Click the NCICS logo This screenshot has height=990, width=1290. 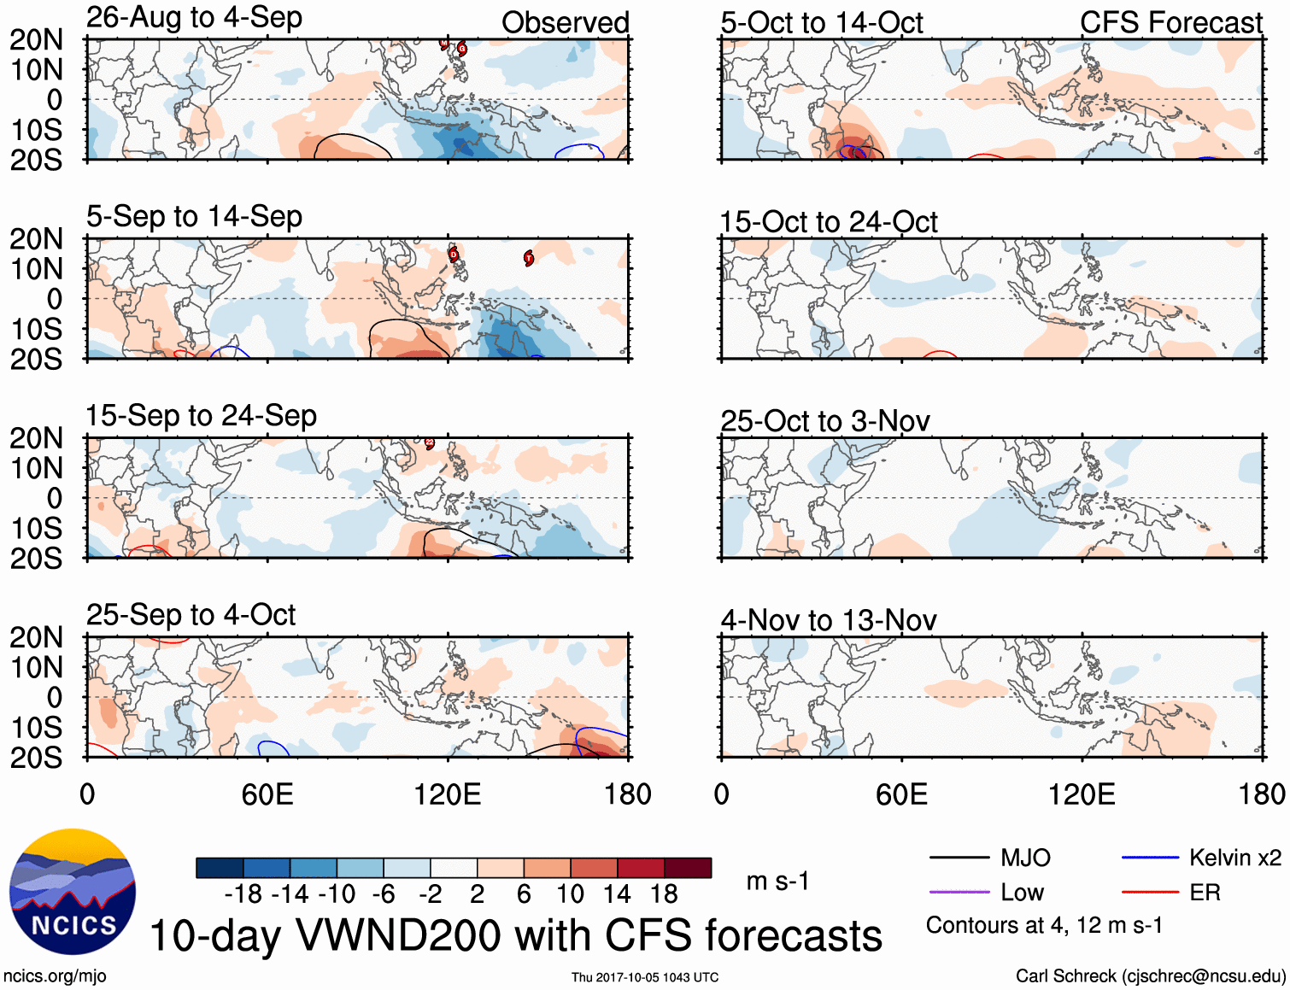(73, 892)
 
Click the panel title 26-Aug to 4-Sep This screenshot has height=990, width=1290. (194, 18)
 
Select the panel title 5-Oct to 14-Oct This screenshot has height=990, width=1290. (821, 23)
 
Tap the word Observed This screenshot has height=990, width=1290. (565, 23)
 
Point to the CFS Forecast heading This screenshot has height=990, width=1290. (1170, 23)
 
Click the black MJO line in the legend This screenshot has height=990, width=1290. (959, 858)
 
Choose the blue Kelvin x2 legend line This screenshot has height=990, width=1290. (1150, 858)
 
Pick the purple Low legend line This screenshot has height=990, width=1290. (959, 893)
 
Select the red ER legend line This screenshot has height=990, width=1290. (1150, 893)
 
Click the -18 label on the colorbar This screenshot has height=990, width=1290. (243, 894)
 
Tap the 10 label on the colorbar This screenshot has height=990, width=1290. (570, 894)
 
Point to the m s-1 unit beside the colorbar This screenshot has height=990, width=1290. (777, 881)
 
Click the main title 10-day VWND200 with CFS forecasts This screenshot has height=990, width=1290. (515, 935)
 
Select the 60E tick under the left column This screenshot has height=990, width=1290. (267, 794)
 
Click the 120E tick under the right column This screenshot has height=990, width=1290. (1082, 794)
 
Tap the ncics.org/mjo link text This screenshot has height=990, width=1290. (55, 975)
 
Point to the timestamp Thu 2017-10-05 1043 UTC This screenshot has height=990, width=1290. (645, 977)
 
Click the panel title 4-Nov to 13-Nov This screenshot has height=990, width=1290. (829, 620)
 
